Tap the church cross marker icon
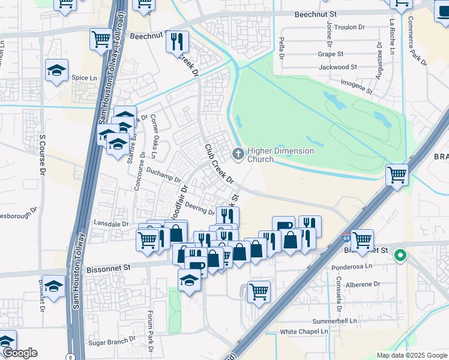(x=238, y=155)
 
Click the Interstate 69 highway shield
(x=346, y=239)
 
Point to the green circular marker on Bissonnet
(x=400, y=256)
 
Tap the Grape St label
(x=330, y=54)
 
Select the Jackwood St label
(x=338, y=67)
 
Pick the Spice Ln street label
(x=84, y=78)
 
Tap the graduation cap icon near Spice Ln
(x=56, y=70)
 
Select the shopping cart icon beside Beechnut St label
(x=101, y=40)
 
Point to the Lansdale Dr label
(x=112, y=223)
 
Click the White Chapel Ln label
(x=304, y=331)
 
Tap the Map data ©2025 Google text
(x=412, y=355)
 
